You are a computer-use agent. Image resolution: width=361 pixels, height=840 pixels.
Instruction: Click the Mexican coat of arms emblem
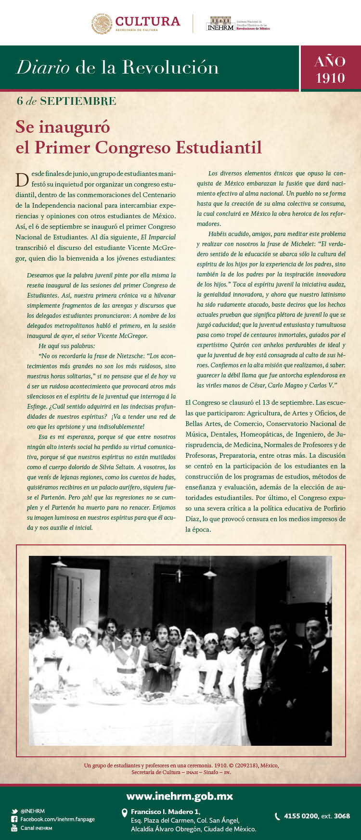click(102, 24)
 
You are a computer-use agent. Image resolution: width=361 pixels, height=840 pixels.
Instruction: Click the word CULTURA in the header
click(148, 21)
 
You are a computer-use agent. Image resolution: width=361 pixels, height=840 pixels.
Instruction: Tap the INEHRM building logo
click(220, 24)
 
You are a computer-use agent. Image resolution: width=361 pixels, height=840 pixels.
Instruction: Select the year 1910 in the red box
click(330, 78)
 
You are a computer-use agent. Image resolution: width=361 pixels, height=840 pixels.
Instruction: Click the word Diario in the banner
click(43, 67)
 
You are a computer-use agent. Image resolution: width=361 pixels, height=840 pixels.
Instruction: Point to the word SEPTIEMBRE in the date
click(78, 101)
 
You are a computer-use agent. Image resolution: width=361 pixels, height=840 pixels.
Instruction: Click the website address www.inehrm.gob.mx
click(180, 796)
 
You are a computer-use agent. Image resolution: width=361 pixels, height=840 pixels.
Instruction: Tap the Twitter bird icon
click(14, 811)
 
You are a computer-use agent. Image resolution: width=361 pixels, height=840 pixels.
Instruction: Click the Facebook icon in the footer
click(14, 819)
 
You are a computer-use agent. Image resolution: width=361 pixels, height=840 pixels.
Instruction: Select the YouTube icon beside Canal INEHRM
click(14, 828)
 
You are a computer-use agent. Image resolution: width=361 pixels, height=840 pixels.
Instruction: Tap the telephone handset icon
click(277, 816)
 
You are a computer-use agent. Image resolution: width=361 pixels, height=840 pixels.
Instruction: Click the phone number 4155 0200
click(301, 816)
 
